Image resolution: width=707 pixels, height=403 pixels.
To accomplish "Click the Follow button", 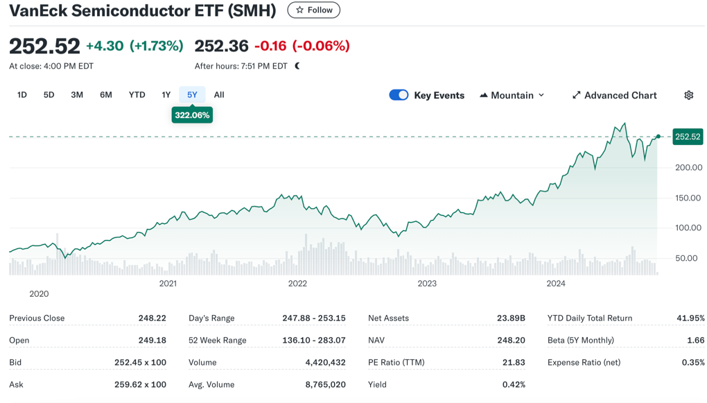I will pyautogui.click(x=313, y=10).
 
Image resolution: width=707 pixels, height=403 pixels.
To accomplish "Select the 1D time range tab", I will pyautogui.click(x=22, y=95).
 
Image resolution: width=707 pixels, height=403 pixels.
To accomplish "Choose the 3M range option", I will pyautogui.click(x=77, y=95).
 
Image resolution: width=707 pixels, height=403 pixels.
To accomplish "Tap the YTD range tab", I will pyautogui.click(x=137, y=95).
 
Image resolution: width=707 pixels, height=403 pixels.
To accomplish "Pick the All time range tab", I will pyautogui.click(x=219, y=95).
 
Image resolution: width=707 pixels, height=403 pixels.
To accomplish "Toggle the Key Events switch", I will pyautogui.click(x=399, y=95).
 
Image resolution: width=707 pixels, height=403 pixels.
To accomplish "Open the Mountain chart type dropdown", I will pyautogui.click(x=512, y=95).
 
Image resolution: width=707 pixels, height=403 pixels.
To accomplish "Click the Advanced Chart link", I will pyautogui.click(x=614, y=95).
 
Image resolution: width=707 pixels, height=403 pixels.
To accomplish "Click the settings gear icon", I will pyautogui.click(x=688, y=95).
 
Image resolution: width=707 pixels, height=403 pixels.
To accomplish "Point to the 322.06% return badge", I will pyautogui.click(x=192, y=115).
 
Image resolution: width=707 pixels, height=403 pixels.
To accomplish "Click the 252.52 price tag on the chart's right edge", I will pyautogui.click(x=688, y=137).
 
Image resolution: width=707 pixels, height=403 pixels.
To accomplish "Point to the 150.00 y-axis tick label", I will pyautogui.click(x=688, y=198).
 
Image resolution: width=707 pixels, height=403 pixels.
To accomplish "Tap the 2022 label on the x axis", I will pyautogui.click(x=297, y=283).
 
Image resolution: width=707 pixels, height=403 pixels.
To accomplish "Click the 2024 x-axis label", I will pyautogui.click(x=556, y=283).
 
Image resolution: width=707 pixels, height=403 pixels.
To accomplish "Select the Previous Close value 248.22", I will pyautogui.click(x=152, y=318).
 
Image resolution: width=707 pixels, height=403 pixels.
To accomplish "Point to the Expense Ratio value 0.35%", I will pyautogui.click(x=693, y=362).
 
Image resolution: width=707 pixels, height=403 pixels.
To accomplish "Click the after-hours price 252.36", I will pyautogui.click(x=221, y=46).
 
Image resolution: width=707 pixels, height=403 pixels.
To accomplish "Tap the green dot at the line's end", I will pyautogui.click(x=658, y=137).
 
